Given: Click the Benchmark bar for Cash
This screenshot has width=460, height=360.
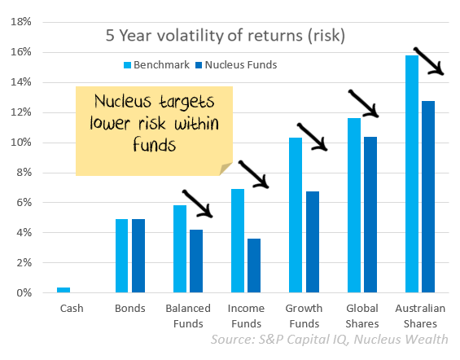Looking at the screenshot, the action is click(x=64, y=290).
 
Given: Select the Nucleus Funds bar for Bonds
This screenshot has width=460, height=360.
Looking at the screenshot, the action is click(x=138, y=256).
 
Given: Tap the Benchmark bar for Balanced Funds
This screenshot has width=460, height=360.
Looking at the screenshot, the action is click(x=180, y=248).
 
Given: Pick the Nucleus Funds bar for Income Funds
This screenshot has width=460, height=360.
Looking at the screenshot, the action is click(x=254, y=266).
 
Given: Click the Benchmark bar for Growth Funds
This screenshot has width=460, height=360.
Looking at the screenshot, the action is click(x=296, y=215).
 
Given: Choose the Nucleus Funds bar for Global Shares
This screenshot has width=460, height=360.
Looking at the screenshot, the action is click(x=370, y=215).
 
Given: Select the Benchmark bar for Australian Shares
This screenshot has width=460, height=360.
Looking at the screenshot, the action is click(x=412, y=174).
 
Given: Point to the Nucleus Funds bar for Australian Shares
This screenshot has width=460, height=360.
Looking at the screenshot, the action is click(x=428, y=197).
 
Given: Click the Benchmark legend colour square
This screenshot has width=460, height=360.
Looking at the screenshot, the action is click(x=127, y=65).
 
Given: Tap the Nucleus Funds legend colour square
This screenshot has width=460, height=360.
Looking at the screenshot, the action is click(x=199, y=65).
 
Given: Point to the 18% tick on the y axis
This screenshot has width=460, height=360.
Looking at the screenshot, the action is click(x=21, y=22).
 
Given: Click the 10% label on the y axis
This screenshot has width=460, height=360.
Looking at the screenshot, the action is click(x=21, y=143).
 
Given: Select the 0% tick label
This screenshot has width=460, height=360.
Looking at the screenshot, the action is click(x=24, y=293).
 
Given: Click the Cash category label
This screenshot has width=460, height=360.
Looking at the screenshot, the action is click(x=72, y=309).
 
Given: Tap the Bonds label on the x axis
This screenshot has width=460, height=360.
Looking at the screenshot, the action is click(x=130, y=309).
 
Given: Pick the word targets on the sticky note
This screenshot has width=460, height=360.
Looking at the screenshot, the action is click(x=186, y=102).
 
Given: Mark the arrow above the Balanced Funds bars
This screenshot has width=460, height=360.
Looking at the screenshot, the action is click(x=197, y=204).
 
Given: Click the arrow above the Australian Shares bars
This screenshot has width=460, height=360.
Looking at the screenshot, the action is click(x=428, y=61).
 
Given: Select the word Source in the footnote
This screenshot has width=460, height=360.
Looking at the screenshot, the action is click(x=233, y=340).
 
